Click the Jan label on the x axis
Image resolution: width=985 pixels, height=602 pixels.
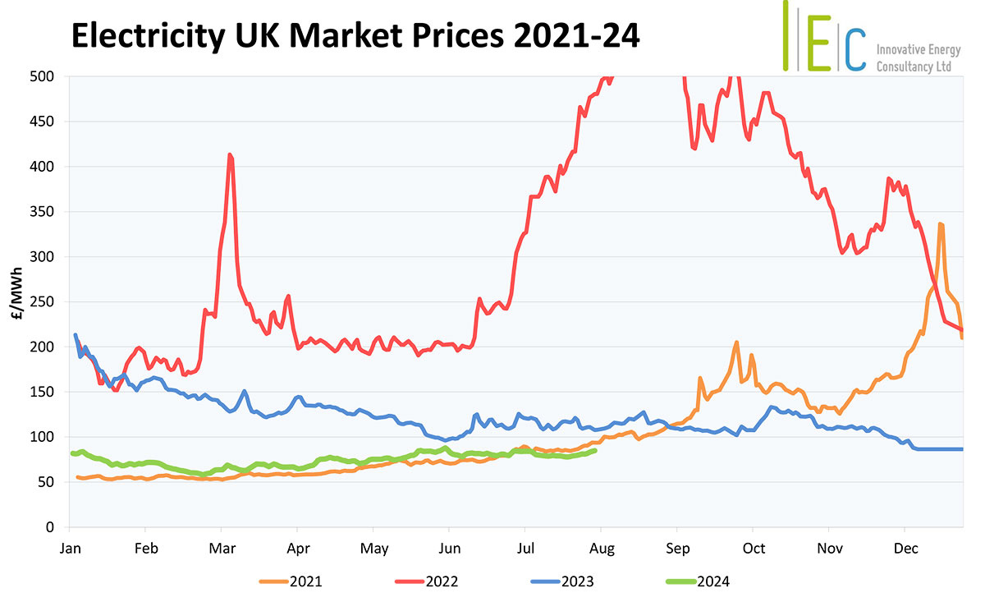point(70,548)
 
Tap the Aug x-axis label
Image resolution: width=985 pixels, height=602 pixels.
point(602,548)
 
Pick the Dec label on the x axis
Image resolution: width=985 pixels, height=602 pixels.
point(905,548)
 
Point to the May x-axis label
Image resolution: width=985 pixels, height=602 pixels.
point(374,548)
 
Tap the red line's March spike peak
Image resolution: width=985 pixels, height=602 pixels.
point(230,154)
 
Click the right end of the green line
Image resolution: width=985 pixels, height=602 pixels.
point(595,450)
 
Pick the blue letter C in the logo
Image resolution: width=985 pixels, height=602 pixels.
point(855,48)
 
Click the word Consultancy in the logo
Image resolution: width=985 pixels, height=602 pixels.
point(903,67)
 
